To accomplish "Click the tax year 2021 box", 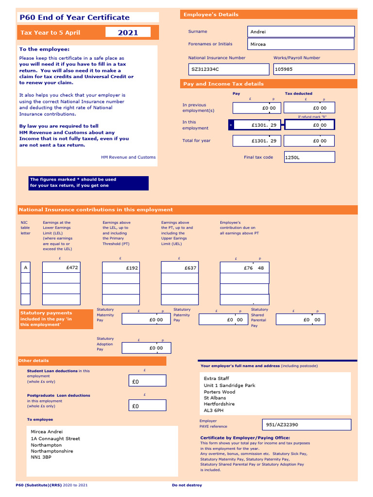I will pyautogui.click(x=128, y=33).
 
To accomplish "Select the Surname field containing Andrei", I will pyautogui.click(x=301, y=32).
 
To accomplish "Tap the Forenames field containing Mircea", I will pyautogui.click(x=301, y=44).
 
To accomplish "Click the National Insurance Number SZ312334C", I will pyautogui.click(x=228, y=69).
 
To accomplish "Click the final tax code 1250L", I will pyautogui.click(x=309, y=157).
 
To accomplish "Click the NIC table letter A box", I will pyautogui.click(x=25, y=267).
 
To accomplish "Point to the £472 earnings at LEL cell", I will pyautogui.click(x=61, y=267).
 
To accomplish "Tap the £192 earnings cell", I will pyautogui.click(x=121, y=267).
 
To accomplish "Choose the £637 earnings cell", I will pyautogui.click(x=180, y=267).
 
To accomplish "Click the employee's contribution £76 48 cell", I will pyautogui.click(x=244, y=267).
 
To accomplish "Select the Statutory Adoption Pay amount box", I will pyautogui.click(x=146, y=348).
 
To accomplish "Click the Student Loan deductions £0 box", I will pyautogui.click(x=147, y=381).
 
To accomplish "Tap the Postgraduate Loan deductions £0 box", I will pyautogui.click(x=147, y=406).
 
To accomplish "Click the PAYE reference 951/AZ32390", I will pyautogui.click(x=306, y=425).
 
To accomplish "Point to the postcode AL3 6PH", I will pyautogui.click(x=214, y=410).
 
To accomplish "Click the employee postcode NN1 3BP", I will pyautogui.click(x=41, y=457).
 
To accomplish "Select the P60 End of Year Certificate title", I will pyautogui.click(x=74, y=17).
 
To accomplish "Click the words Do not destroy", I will pyautogui.click(x=187, y=485).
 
